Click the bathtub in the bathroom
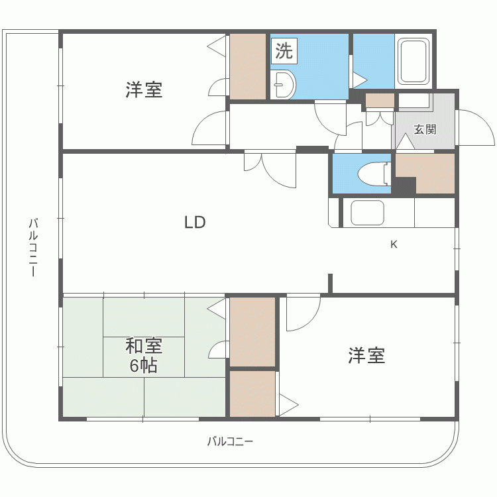[414, 62]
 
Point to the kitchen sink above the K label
[367, 213]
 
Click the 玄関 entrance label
[425, 129]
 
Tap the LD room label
[195, 223]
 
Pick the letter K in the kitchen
[394, 245]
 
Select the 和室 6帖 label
[144, 355]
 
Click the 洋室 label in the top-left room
[144, 90]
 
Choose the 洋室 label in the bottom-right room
[366, 356]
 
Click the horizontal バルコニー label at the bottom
[230, 441]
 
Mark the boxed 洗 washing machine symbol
[284, 50]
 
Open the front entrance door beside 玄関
[476, 128]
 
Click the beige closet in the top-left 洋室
[248, 66]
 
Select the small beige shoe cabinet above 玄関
[380, 101]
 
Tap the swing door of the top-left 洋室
[210, 129]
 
